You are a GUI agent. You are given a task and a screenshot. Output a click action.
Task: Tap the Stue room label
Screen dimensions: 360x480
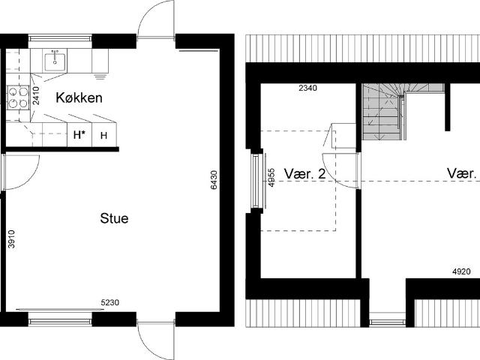tap(114, 219)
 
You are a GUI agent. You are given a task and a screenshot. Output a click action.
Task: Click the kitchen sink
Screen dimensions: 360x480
tap(55, 58)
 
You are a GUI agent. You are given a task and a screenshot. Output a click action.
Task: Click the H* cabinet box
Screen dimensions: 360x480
tap(78, 136)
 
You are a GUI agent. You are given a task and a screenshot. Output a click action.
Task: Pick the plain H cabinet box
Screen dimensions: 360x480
tap(103, 136)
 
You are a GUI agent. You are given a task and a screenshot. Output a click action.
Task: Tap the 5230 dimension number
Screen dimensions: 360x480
tap(110, 304)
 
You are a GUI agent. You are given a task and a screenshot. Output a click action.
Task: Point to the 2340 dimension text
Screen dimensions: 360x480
tap(307, 88)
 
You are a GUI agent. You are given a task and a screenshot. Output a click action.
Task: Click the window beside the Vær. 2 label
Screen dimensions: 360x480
tap(256, 180)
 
